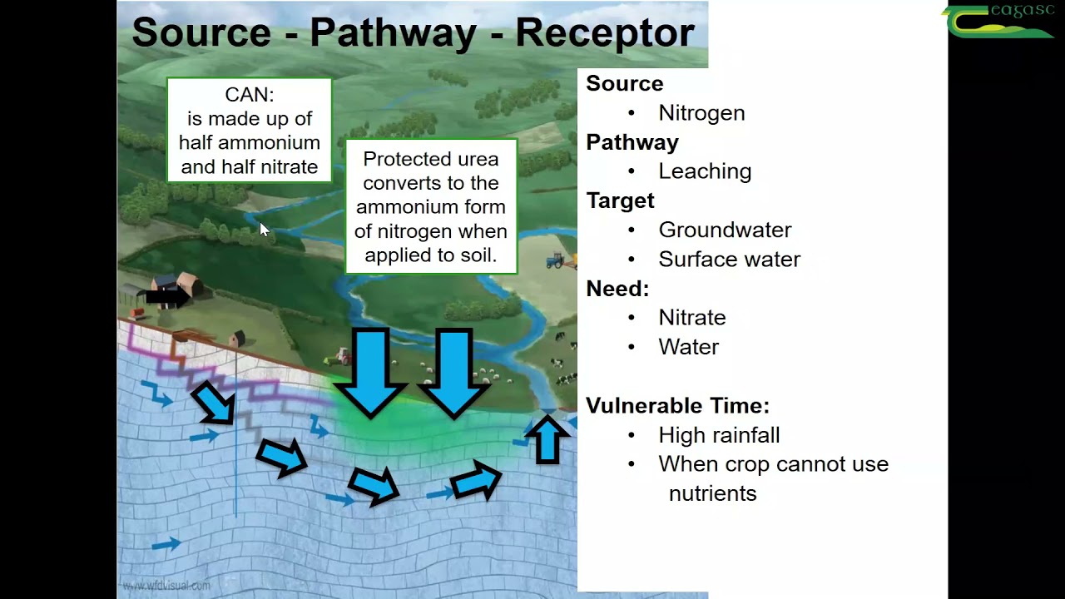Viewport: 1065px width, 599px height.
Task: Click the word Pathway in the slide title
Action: click(393, 33)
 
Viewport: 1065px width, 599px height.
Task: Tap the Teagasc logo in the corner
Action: click(998, 21)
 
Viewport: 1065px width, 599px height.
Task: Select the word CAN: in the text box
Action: click(249, 95)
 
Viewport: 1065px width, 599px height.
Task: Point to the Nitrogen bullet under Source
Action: click(701, 113)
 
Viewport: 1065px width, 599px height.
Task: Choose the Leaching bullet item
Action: click(704, 171)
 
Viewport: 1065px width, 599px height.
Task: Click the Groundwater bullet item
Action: click(724, 230)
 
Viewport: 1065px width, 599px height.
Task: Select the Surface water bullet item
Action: click(729, 260)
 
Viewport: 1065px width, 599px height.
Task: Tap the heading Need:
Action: click(617, 289)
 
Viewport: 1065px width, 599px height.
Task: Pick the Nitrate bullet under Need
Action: click(691, 318)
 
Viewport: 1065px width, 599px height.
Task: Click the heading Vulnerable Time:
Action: click(677, 406)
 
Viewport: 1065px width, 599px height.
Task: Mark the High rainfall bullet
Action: click(718, 435)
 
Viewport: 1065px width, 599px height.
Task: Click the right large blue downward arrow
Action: click(453, 371)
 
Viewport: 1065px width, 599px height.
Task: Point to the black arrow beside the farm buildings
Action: click(166, 296)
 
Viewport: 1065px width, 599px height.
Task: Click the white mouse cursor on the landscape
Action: click(264, 230)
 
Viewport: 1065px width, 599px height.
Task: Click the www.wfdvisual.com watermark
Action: click(166, 586)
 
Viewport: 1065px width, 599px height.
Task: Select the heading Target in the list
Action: click(620, 201)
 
